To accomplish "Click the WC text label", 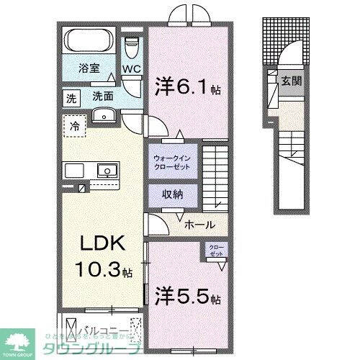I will [131, 70].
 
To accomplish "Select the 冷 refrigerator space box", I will [74, 126].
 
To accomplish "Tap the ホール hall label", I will [198, 224].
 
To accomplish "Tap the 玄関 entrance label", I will [292, 80].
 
